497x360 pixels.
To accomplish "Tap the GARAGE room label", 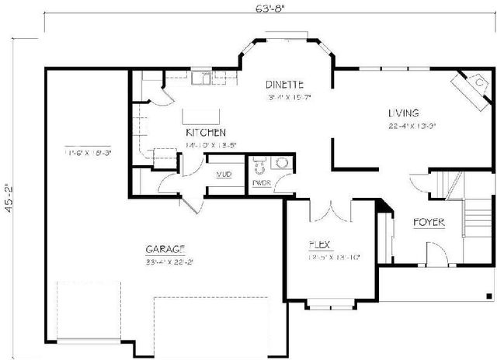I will (x=165, y=249).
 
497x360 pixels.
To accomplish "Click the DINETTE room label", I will (x=283, y=84).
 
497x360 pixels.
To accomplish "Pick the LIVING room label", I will (x=405, y=112).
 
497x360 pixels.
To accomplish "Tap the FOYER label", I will (x=428, y=223).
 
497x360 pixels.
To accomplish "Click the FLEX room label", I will (x=321, y=244).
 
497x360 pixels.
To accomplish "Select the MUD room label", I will (x=224, y=175).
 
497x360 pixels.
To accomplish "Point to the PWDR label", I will (x=261, y=183).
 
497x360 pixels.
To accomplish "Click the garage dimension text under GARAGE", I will (x=169, y=261).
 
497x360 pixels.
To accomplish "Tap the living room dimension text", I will (x=412, y=125).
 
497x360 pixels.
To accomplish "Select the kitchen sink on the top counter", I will (x=203, y=77).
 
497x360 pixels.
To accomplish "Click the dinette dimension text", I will (x=288, y=98).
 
